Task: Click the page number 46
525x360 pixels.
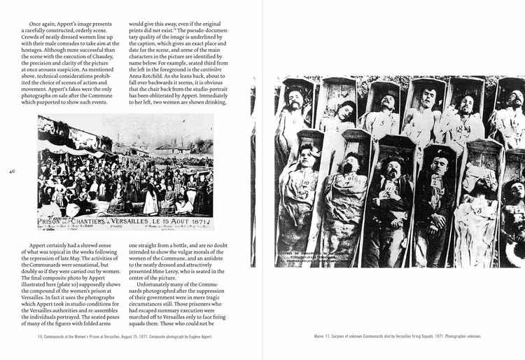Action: point(12,170)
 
